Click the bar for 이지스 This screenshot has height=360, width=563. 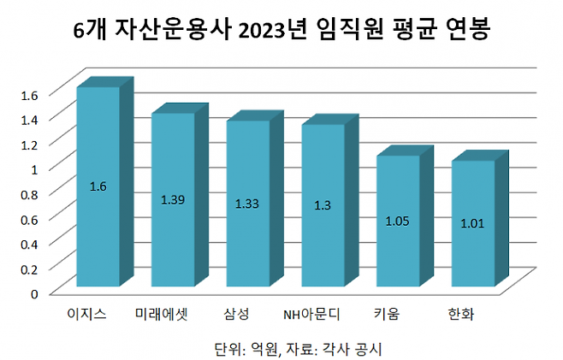point(98,186)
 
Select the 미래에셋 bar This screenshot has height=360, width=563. point(173,199)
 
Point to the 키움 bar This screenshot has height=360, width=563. point(398,221)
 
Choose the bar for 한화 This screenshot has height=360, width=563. point(472,223)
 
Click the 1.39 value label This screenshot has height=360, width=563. point(173,200)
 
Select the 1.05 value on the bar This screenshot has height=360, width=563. point(398,221)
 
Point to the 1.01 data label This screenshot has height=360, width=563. point(472,224)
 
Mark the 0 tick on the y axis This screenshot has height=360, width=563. point(35,293)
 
